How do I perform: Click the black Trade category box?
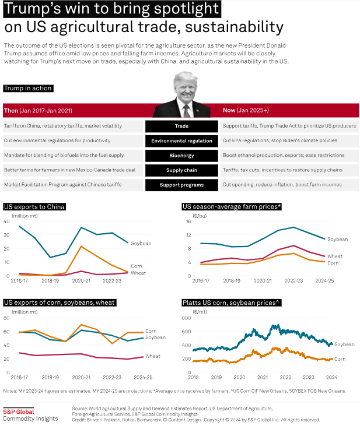[181, 126]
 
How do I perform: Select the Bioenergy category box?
[181, 156]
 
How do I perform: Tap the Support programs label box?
[181, 185]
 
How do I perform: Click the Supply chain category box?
[181, 170]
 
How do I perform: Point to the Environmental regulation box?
[181, 141]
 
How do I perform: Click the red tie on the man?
[187, 111]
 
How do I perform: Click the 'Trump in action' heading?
[28, 88]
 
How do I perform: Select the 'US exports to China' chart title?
[34, 207]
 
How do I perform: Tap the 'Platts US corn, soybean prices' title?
[232, 303]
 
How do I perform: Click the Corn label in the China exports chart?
[136, 266]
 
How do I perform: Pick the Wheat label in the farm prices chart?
[335, 256]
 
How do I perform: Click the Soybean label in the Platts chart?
[344, 344]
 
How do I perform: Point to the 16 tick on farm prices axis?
[188, 221]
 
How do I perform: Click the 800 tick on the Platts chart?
[186, 318]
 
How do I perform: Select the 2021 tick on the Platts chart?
[262, 377]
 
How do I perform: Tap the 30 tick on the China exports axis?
[6, 235]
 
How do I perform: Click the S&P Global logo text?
[18, 412]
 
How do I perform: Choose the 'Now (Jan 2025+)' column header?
[246, 110]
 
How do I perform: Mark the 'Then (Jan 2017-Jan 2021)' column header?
[38, 111]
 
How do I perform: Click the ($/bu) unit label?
[200, 216]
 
